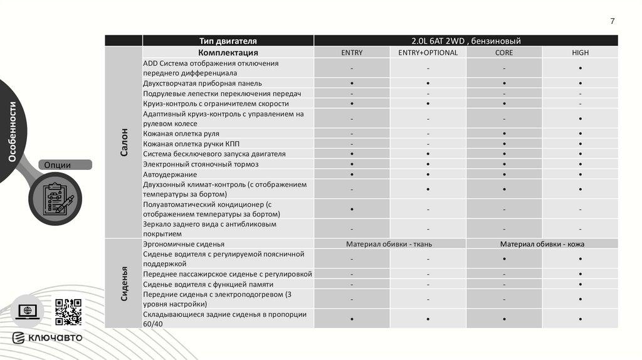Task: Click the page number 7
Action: (613, 21)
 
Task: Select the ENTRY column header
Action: (352, 53)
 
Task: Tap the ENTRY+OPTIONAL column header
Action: (428, 53)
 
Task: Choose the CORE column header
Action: (503, 53)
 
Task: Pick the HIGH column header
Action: (580, 53)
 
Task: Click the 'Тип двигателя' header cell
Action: (228, 41)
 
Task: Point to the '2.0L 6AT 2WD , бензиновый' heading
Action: (466, 41)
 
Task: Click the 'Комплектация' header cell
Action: (228, 53)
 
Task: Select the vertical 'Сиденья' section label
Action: (124, 283)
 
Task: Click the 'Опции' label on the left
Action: (58, 165)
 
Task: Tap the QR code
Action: (68, 312)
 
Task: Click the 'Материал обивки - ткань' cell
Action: (389, 244)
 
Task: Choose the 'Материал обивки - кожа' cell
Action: (542, 244)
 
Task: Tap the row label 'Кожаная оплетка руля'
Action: (181, 134)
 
